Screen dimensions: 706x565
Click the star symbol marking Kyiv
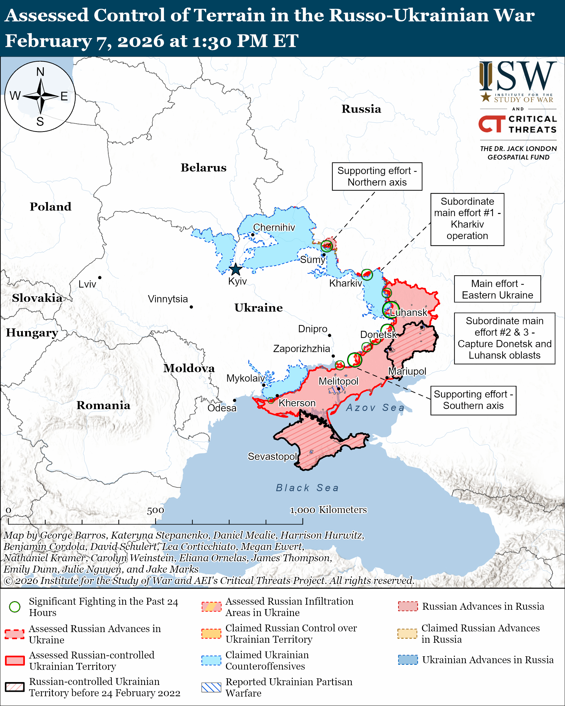point(235,270)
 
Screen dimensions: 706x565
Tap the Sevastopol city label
point(272,456)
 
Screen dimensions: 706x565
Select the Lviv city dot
point(99,278)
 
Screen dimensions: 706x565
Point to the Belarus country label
point(203,168)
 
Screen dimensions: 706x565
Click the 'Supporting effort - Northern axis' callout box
point(377,176)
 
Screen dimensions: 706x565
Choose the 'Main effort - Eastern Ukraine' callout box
point(497,289)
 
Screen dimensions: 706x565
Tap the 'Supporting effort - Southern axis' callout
point(473,400)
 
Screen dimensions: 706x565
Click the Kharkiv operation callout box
point(467,219)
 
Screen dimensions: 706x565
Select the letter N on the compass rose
point(40,72)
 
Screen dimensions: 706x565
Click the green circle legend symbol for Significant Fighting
point(15,607)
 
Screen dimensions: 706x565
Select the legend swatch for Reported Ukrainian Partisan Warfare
point(211,687)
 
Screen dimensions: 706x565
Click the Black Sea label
point(307,488)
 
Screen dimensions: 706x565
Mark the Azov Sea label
point(375,408)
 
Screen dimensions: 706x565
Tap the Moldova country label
point(189,368)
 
